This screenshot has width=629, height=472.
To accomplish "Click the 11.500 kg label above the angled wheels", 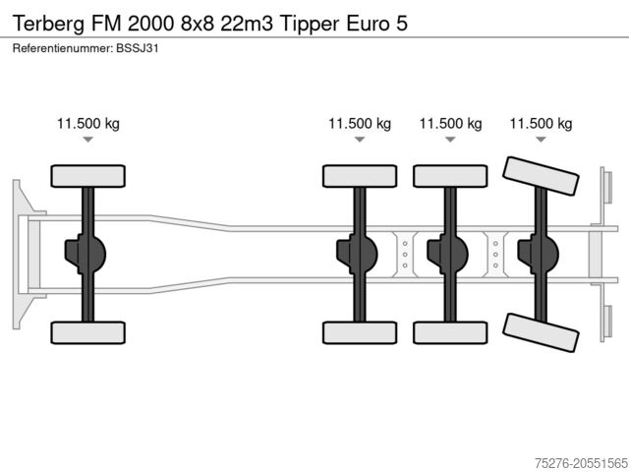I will coord(540,124).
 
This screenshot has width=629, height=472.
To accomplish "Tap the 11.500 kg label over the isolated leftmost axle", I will coord(88,124).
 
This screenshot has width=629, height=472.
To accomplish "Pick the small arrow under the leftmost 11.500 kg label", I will coord(88,141).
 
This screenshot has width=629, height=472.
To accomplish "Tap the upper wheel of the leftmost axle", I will coord(88,176).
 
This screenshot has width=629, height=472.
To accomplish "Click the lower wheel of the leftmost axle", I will coord(88,332).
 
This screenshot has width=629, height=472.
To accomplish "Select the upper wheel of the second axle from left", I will coord(359,176).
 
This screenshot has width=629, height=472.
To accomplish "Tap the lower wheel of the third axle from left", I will coord(449,332).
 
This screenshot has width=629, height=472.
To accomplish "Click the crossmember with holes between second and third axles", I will coord(404,254).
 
